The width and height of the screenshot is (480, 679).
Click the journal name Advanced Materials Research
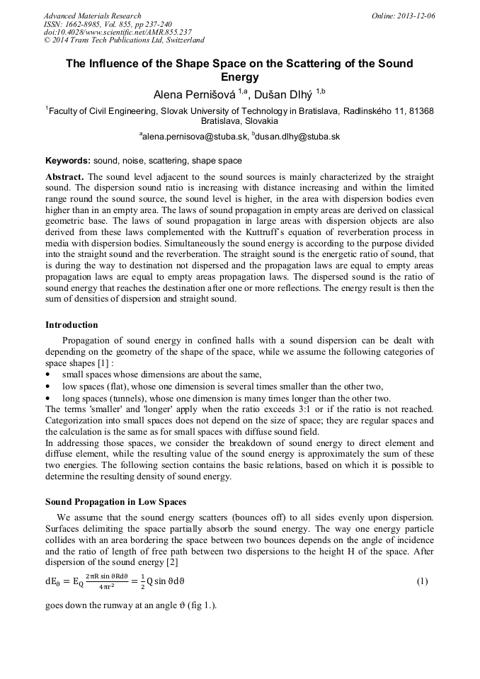coord(92,16)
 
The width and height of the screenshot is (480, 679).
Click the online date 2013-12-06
coord(413,16)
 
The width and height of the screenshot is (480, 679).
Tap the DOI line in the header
coord(118,32)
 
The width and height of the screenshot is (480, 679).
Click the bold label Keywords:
coord(68,161)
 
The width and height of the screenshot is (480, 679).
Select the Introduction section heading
coord(72,325)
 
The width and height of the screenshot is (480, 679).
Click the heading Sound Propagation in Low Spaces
coord(115,502)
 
